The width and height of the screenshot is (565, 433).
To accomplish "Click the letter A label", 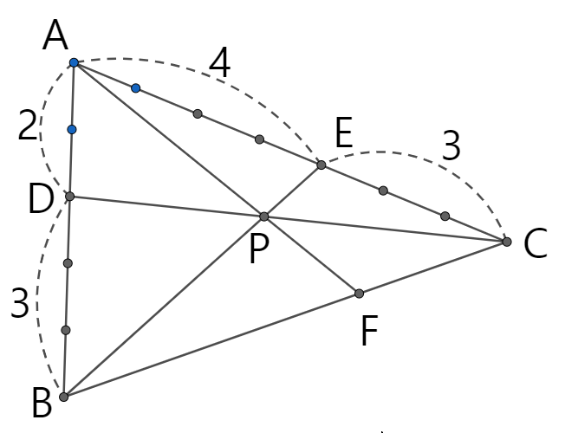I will (x=55, y=36).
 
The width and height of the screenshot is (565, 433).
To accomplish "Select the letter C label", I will (x=536, y=245).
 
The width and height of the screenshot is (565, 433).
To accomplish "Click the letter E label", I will (x=343, y=134).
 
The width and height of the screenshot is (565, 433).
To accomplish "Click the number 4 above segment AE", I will (x=220, y=64).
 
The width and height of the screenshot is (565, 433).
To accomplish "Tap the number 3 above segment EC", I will (x=451, y=146).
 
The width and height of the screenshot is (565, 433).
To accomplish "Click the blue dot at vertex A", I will (x=75, y=62).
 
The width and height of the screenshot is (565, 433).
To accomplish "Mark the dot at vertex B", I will (x=63, y=397).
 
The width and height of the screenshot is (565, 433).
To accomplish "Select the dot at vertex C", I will (x=507, y=242).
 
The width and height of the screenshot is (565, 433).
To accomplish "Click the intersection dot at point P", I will (x=264, y=216).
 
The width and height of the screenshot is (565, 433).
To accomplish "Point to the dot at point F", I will (x=359, y=294).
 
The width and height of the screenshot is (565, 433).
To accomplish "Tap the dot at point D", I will (x=70, y=197).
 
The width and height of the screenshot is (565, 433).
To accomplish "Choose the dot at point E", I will (x=321, y=165).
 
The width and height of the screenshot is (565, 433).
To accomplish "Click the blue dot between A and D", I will (x=72, y=129).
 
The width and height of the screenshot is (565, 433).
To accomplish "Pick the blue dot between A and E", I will (x=136, y=87).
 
